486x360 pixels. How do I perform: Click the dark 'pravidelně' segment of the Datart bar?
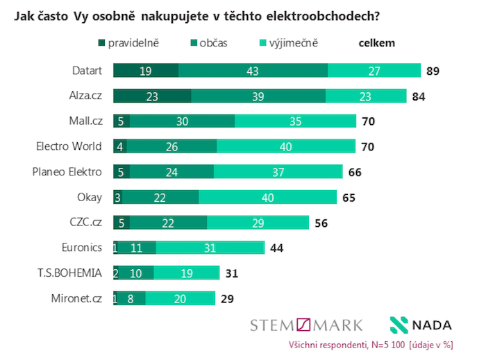tap(145, 71)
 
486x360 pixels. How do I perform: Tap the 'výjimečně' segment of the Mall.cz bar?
tap(295, 121)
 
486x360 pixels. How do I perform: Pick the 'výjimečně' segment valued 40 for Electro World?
tap(285, 146)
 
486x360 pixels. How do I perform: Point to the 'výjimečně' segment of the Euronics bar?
tap(210, 247)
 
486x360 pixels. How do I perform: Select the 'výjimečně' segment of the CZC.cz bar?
tap(258, 222)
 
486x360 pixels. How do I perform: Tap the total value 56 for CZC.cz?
tap(320, 223)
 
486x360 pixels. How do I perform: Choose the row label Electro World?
tap(69, 146)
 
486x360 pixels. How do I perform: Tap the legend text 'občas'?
tap(213, 43)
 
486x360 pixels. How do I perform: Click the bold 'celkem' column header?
tap(376, 43)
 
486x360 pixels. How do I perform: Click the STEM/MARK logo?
tap(306, 325)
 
